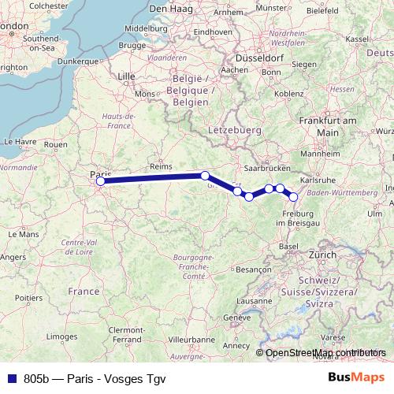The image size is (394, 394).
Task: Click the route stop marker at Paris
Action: [x=100, y=182]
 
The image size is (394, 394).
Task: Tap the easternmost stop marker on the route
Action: [x=294, y=197]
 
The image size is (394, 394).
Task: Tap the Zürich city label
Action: [x=322, y=255]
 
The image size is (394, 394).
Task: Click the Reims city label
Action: [x=161, y=167]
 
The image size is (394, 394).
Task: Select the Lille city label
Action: [x=126, y=76]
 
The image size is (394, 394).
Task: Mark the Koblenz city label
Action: [x=288, y=93]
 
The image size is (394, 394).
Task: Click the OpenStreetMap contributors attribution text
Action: [x=325, y=353]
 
